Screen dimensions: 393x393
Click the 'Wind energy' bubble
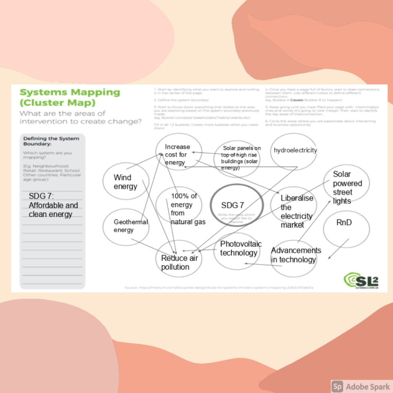(125, 182)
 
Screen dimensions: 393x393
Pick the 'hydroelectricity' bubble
(295, 150)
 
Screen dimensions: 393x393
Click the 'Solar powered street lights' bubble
(346, 187)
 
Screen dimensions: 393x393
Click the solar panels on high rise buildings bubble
(240, 157)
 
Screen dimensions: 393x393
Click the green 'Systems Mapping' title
(69, 92)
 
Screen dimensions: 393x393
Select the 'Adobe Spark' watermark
(361, 386)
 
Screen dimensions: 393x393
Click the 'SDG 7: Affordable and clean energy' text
(53, 205)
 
